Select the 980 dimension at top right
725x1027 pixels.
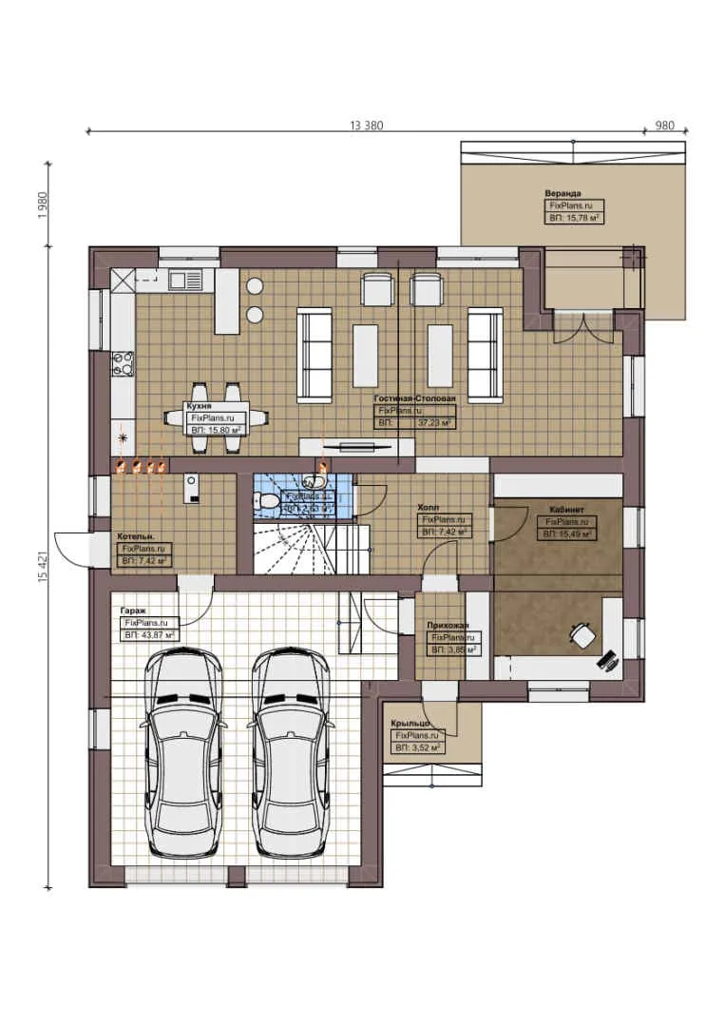(664, 126)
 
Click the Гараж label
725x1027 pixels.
(133, 610)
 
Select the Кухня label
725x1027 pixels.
(200, 405)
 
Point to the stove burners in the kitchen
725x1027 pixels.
(124, 364)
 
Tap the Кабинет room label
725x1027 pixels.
(566, 510)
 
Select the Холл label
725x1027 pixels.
(429, 509)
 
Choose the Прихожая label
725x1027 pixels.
(448, 626)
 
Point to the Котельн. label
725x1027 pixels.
(135, 536)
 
